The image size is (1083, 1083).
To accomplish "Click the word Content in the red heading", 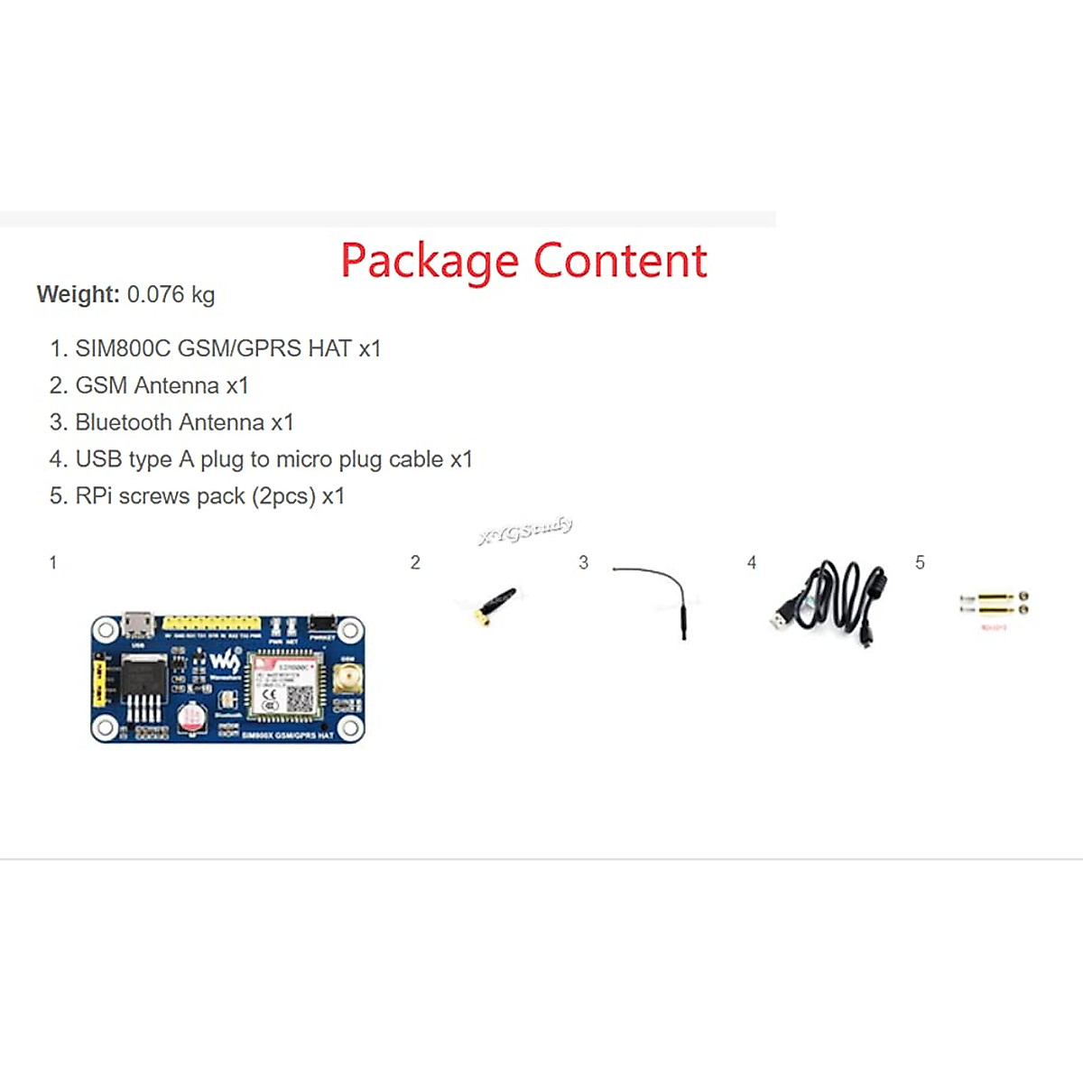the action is pyautogui.click(x=620, y=261).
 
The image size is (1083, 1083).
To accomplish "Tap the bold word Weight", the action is pyautogui.click(x=78, y=294).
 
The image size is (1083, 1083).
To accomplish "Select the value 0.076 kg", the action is pyautogui.click(x=171, y=294).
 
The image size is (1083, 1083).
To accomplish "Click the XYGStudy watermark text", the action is pyautogui.click(x=525, y=531).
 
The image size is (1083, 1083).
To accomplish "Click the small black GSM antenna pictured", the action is pyautogui.click(x=495, y=605).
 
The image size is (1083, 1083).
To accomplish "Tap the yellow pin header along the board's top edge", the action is pyautogui.click(x=211, y=623).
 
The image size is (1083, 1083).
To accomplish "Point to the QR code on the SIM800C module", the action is pyautogui.click(x=300, y=698).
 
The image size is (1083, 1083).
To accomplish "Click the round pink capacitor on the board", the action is pyautogui.click(x=192, y=717).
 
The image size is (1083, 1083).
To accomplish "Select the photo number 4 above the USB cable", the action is pyautogui.click(x=752, y=563).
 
